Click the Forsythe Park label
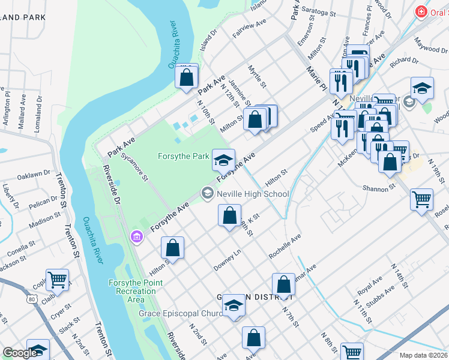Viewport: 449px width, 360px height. coord(183,157)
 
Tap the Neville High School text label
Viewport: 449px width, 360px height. coord(253,194)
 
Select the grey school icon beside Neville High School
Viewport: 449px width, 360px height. coord(208,193)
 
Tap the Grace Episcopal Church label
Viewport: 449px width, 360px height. coord(179,313)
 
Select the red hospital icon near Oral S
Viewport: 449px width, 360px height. coord(421,11)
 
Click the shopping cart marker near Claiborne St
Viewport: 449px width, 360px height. coord(57,279)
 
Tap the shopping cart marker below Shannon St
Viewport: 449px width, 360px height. coord(422,199)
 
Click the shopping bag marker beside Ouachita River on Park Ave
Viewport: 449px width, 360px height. coord(187,76)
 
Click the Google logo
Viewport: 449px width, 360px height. coord(19,353)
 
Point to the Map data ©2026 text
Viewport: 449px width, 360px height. coord(423,355)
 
